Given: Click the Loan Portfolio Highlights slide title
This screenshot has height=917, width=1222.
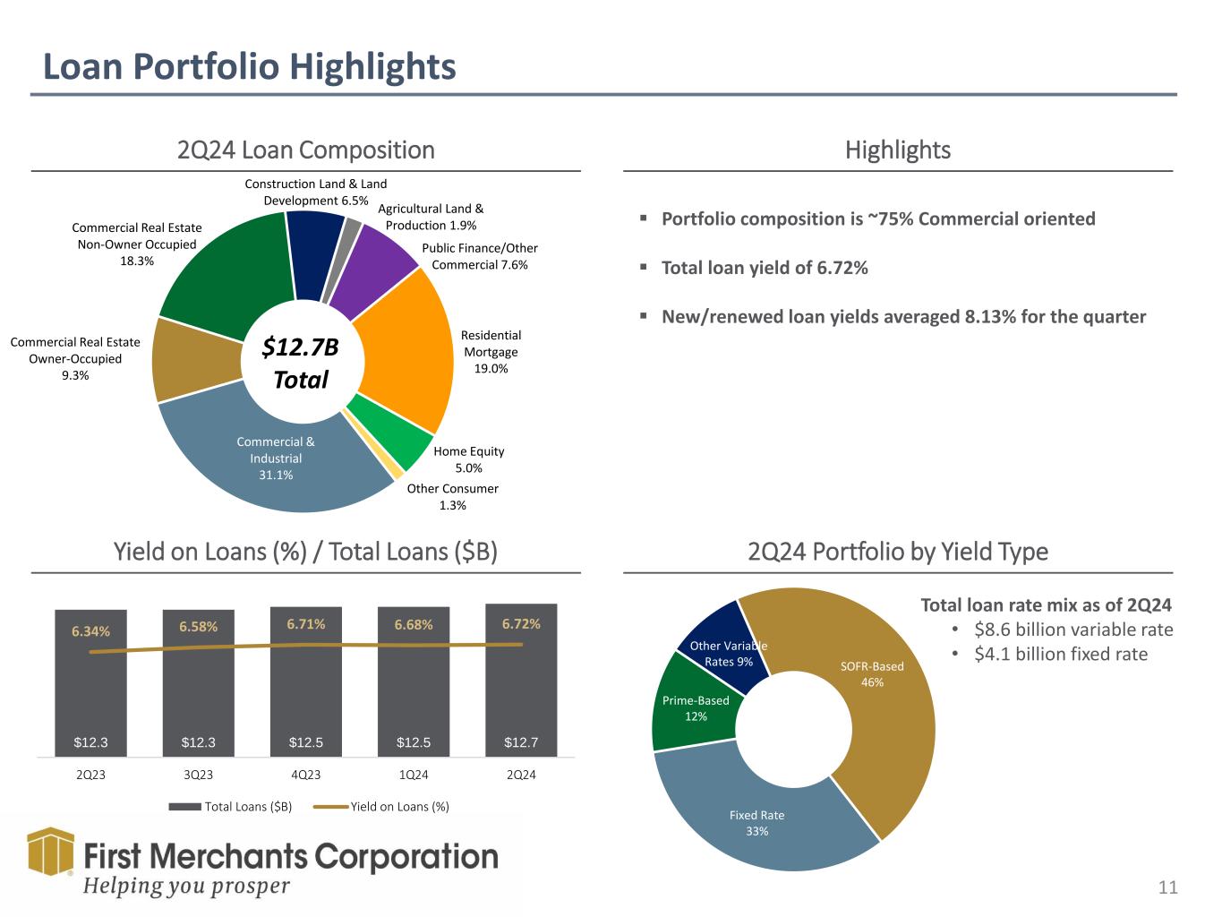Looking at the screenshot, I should coord(250,67).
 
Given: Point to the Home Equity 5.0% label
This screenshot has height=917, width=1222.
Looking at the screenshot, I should coord(468,459).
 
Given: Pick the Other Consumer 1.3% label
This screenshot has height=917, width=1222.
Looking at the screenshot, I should coord(452,497).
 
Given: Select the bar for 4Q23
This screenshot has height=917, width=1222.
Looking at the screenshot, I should coord(306,681).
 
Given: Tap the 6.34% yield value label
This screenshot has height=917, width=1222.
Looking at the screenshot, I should coord(90,631).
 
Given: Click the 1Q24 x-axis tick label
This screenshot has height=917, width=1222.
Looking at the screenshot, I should coord(414,775).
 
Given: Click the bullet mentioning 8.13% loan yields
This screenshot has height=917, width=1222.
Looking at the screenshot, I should coord(902,317).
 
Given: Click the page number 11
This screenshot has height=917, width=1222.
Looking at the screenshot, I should coord(1167,888).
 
